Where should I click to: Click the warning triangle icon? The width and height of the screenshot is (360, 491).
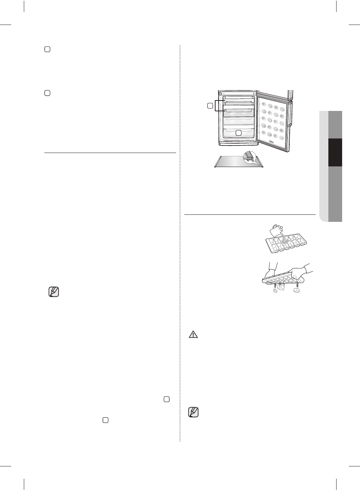[193, 334]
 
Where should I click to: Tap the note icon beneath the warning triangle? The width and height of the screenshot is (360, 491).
[194, 412]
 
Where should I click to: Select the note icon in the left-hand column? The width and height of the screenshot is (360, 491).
[54, 292]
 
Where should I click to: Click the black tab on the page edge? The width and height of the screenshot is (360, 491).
[335, 153]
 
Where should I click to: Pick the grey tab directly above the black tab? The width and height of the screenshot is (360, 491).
[335, 125]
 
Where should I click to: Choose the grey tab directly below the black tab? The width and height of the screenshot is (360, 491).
[335, 194]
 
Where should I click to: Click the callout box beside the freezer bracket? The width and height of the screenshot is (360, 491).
[210, 106]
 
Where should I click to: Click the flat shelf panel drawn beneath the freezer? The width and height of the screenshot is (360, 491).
[231, 161]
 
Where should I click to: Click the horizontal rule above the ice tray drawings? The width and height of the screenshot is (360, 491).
[250, 214]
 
